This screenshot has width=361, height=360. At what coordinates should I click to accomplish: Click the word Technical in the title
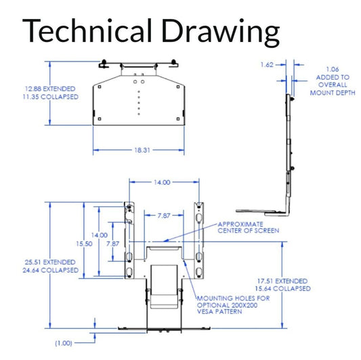pyautogui.click(x=87, y=30)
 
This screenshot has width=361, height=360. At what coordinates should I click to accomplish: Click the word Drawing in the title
pyautogui.click(x=221, y=33)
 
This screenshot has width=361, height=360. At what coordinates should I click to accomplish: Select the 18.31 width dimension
pyautogui.click(x=142, y=150)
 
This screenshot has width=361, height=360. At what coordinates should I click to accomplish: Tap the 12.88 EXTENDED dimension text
pyautogui.click(x=50, y=89)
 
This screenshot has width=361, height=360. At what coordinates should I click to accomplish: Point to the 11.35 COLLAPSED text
pyautogui.click(x=50, y=97)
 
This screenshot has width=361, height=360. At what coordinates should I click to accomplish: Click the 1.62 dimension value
pyautogui.click(x=267, y=65)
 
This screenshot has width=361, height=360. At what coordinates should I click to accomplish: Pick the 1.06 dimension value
pyautogui.click(x=333, y=69)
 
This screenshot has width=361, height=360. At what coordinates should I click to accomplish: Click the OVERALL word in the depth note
pyautogui.click(x=333, y=85)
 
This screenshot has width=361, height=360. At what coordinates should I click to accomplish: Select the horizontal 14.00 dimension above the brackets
pyautogui.click(x=162, y=183)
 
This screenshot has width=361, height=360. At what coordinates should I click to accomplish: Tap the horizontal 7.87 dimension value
pyautogui.click(x=164, y=216)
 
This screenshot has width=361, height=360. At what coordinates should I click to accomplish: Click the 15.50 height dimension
pyautogui.click(x=84, y=244)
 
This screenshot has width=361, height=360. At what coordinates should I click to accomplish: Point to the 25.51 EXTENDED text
pyautogui.click(x=50, y=263)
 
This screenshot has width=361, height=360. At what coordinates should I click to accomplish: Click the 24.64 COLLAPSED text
pyautogui.click(x=50, y=270)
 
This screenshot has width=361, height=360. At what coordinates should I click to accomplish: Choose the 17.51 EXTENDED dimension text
pyautogui.click(x=282, y=281)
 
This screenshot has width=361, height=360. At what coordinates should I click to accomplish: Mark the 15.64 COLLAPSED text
pyautogui.click(x=282, y=289)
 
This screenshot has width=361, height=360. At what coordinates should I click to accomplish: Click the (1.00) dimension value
pyautogui.click(x=63, y=343)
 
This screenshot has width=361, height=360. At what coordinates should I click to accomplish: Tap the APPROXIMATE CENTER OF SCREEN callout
pyautogui.click(x=249, y=227)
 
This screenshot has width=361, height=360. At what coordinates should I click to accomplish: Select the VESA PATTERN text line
pyautogui.click(x=219, y=312)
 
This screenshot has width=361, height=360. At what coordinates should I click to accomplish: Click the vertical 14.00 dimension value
pyautogui.click(x=100, y=235)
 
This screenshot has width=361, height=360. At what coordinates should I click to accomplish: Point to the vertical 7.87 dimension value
pyautogui.click(x=112, y=244)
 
